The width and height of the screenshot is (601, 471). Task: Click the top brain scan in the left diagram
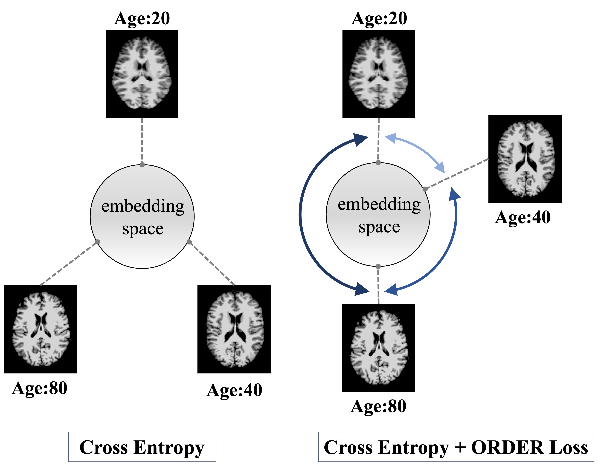pos(142,73)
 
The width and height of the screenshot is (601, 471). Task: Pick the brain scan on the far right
pos(526,159)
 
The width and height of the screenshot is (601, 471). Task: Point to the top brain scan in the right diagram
pos(378,73)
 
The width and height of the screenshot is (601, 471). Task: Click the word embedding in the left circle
pos(143,206)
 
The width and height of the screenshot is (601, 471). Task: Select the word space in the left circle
pos(143,229)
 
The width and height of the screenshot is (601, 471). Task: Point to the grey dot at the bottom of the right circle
pos(378,266)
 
